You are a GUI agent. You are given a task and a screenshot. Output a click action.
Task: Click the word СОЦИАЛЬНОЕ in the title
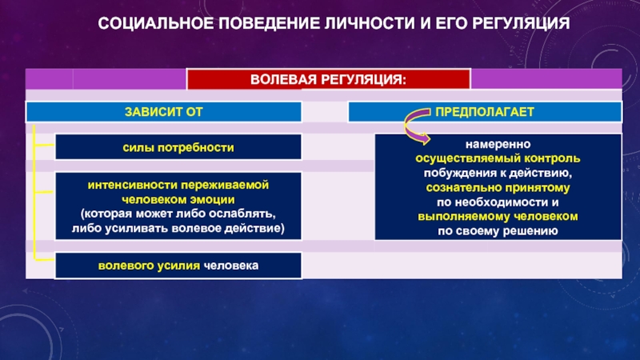pyautogui.click(x=156, y=23)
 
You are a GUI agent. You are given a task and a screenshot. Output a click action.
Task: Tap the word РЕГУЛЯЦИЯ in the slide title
pyautogui.click(x=521, y=23)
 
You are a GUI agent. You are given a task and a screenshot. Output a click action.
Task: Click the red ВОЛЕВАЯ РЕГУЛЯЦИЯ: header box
pyautogui.click(x=329, y=79)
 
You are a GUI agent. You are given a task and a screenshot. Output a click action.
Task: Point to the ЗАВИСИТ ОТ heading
pyautogui.click(x=164, y=112)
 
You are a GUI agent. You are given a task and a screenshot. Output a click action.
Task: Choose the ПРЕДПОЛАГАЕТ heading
pyautogui.click(x=485, y=112)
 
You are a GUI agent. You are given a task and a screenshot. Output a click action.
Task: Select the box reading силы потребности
pyautogui.click(x=178, y=147)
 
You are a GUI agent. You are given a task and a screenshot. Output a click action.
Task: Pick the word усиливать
pyautogui.click(x=136, y=228)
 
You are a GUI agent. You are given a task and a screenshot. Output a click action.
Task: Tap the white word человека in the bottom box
pyautogui.click(x=231, y=266)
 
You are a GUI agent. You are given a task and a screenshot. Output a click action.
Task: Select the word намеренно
pyautogui.click(x=498, y=145)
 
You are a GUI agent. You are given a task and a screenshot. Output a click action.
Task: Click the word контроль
pyautogui.click(x=552, y=158)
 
